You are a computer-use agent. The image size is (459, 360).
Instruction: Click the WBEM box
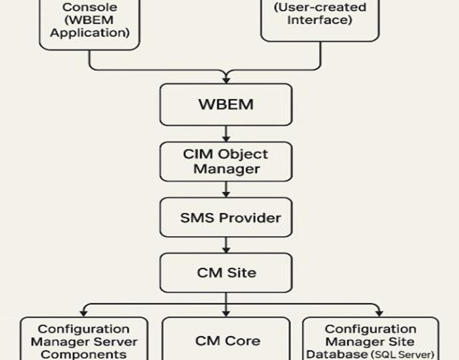tap(226, 104)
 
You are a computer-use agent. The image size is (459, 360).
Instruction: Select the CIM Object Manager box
tap(226, 161)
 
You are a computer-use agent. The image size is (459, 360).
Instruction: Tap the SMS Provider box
tap(226, 218)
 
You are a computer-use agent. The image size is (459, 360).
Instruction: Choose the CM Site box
tap(226, 272)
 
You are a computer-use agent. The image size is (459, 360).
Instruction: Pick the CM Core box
tap(227, 340)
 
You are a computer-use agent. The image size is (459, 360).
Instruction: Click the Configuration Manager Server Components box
tap(84, 340)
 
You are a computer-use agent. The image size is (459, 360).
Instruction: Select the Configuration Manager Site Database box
tap(371, 340)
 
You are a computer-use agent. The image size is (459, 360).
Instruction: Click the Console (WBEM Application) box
tap(90, 22)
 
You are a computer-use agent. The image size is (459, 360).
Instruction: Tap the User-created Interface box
tap(319, 16)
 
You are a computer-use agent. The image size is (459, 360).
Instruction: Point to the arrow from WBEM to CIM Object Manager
tap(226, 134)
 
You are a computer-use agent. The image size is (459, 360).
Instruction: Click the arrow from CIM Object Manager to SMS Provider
tap(226, 189)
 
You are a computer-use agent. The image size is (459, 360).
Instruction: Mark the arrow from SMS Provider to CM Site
tap(226, 245)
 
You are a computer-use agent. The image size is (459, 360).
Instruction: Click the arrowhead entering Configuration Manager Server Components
tap(83, 313)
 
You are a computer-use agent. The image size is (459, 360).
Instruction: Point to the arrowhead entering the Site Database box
tap(377, 313)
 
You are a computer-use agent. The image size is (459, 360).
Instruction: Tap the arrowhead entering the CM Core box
tap(226, 313)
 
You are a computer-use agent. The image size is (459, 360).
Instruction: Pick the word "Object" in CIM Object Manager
tap(242, 154)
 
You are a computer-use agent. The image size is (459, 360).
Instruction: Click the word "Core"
tap(243, 340)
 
